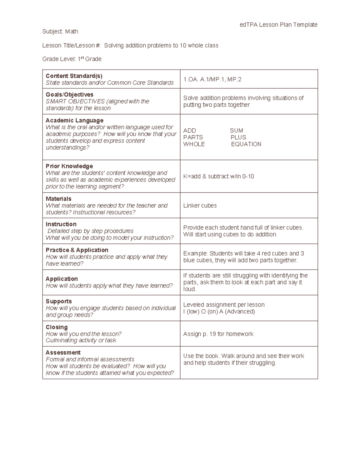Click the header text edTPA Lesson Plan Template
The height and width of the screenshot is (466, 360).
pyautogui.click(x=278, y=25)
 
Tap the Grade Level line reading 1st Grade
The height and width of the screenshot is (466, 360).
pyautogui.click(x=72, y=59)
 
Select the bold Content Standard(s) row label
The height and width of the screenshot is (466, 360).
pyautogui.click(x=74, y=76)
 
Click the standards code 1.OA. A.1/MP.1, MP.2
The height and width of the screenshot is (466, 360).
pyautogui.click(x=212, y=79)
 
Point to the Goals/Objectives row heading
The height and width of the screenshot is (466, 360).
pyautogui.click(x=69, y=95)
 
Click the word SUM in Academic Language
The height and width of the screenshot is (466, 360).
pyautogui.click(x=236, y=131)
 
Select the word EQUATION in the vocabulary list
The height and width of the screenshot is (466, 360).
pyautogui.click(x=246, y=144)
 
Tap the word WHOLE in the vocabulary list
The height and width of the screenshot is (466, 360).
pyautogui.click(x=194, y=144)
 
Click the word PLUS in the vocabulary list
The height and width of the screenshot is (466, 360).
pyautogui.click(x=238, y=137)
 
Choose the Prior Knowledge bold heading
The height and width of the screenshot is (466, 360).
pyautogui.click(x=69, y=166)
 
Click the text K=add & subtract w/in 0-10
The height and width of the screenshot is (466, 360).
pyautogui.click(x=218, y=176)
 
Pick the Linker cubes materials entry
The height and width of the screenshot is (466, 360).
pyautogui.click(x=200, y=206)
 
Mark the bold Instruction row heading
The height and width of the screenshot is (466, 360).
pyautogui.click(x=61, y=224)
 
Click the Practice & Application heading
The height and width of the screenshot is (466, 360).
pyautogui.click(x=77, y=250)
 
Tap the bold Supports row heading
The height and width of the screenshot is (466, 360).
pyautogui.click(x=58, y=301)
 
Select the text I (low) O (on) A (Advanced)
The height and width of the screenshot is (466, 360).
pyautogui.click(x=219, y=311)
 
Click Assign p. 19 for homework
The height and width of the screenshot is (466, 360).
pyautogui.click(x=218, y=334)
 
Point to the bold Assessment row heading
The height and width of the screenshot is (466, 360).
pyautogui.click(x=63, y=353)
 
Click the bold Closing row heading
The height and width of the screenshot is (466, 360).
pyautogui.click(x=56, y=327)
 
